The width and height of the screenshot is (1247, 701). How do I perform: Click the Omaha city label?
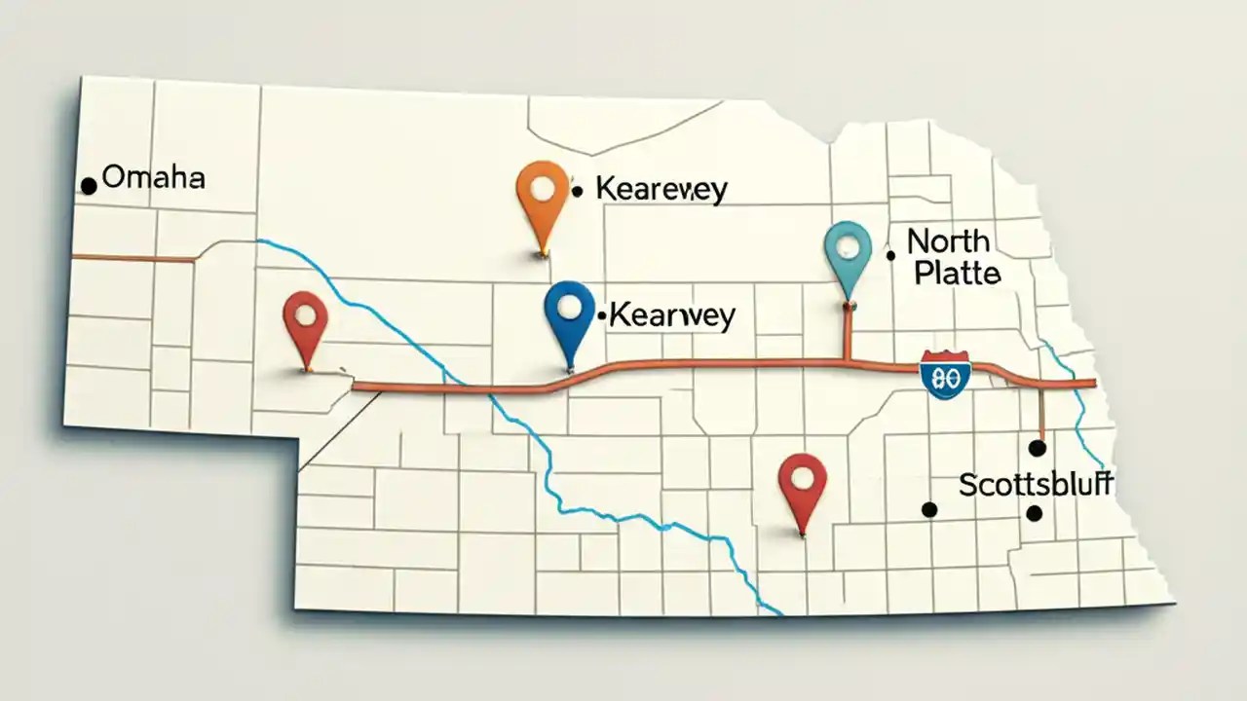153,178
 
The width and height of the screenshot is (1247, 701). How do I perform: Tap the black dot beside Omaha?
89,185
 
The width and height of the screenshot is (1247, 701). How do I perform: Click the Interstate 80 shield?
944,375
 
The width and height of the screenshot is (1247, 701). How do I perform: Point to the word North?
948,240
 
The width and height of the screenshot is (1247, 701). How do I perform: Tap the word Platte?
957,274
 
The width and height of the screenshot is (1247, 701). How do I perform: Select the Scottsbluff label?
1036,484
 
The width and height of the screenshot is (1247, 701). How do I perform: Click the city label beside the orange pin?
661,190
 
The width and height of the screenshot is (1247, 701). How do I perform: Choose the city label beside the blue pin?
672,315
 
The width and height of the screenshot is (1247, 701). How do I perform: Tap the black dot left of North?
890,256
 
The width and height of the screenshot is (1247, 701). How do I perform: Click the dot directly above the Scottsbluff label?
1037,448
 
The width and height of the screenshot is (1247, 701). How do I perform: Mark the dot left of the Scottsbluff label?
929,509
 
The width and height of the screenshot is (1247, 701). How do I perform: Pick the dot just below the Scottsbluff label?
1035,513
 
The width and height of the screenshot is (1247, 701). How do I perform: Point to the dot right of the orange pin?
577,192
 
